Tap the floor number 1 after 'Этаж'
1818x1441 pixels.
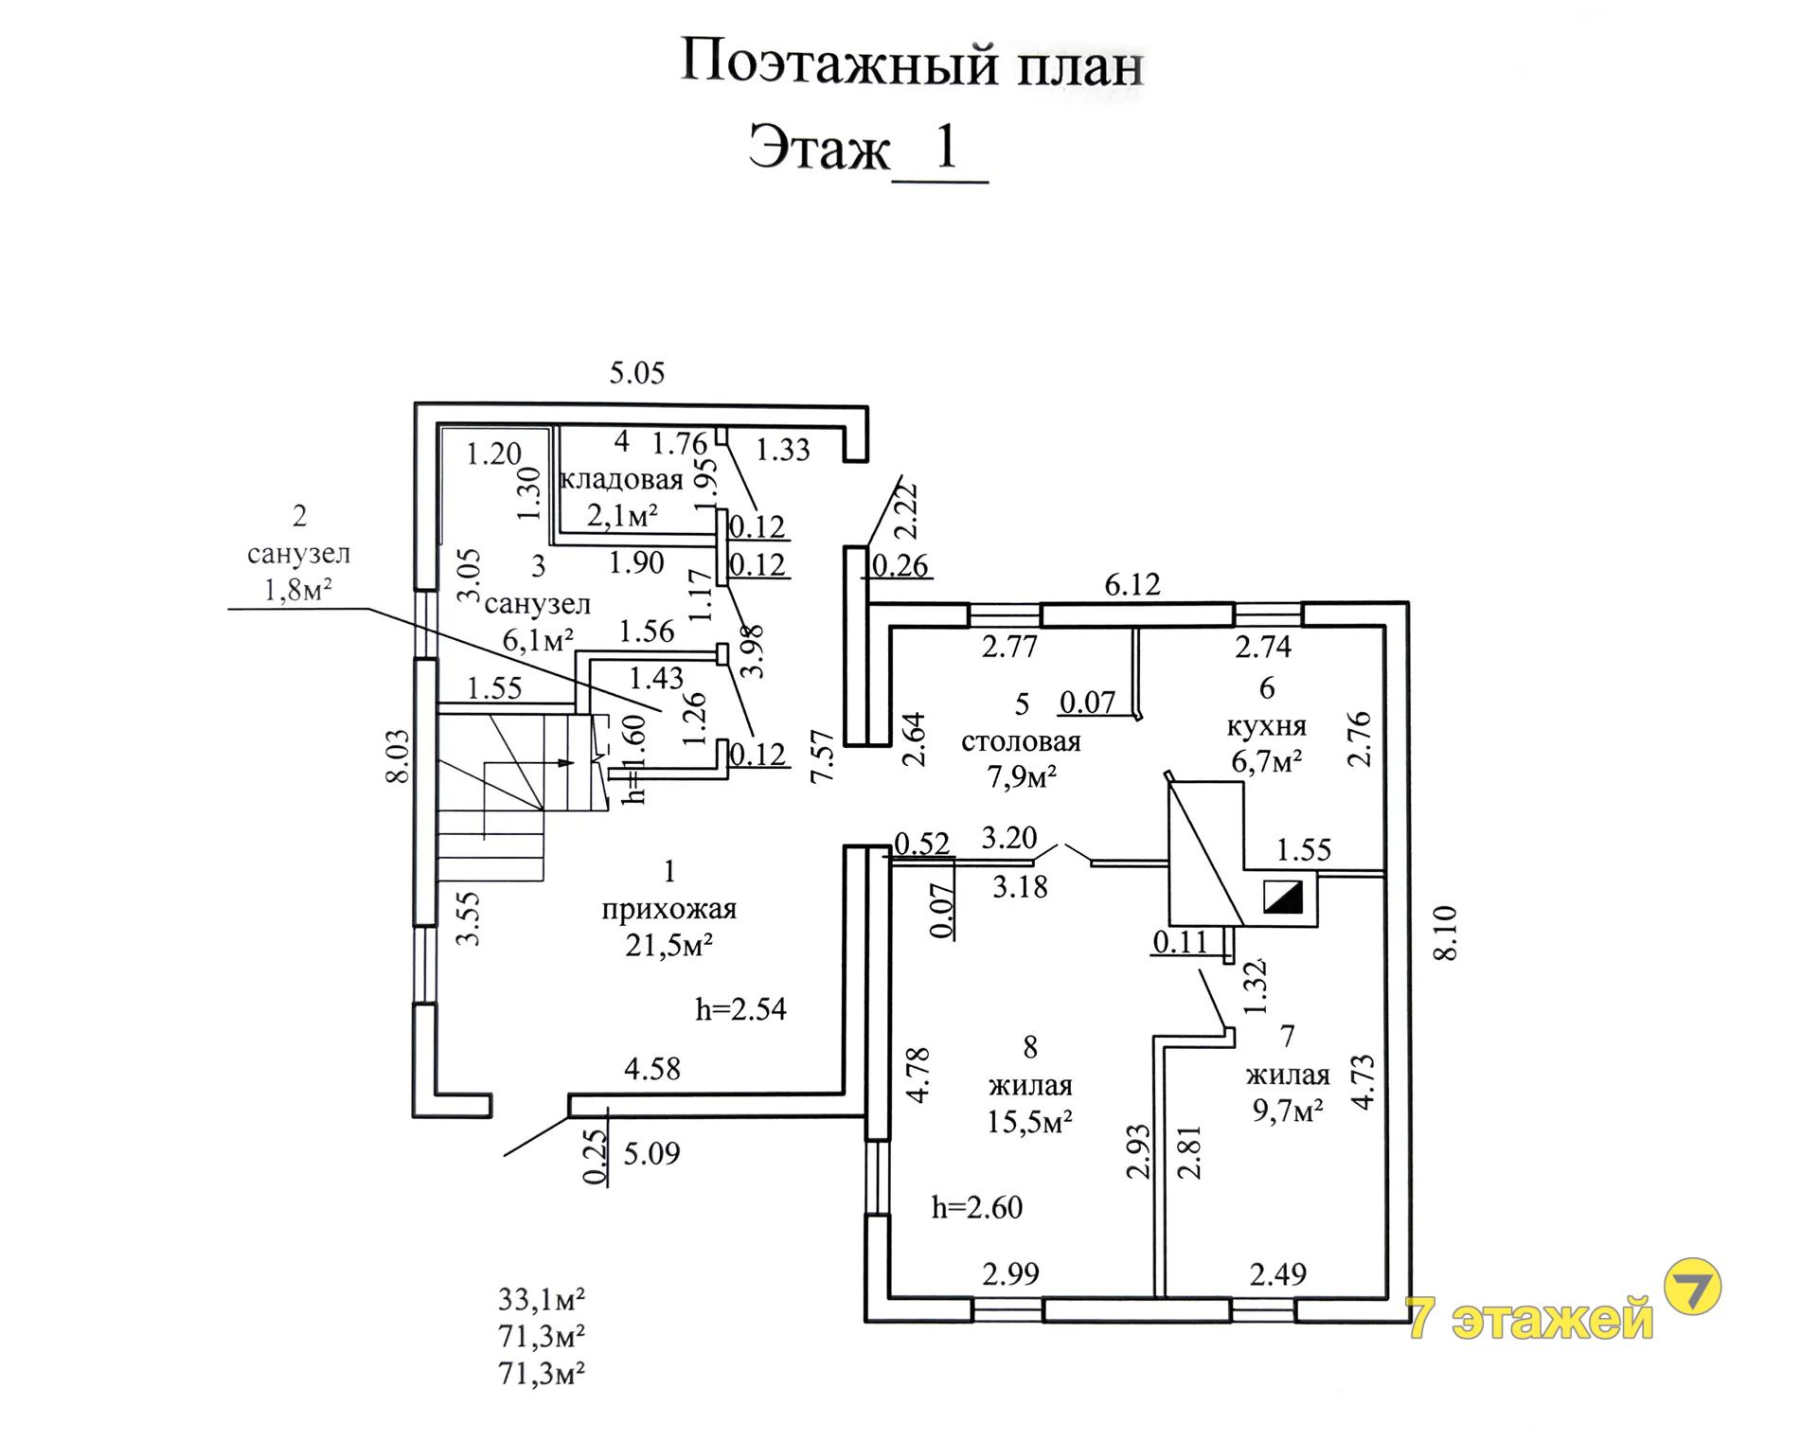pyautogui.click(x=946, y=147)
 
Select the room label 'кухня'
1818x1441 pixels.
pyautogui.click(x=1267, y=726)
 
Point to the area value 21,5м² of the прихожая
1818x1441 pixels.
pyautogui.click(x=668, y=945)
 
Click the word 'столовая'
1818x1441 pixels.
pyautogui.click(x=1021, y=741)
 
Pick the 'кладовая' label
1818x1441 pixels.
pyautogui.click(x=621, y=479)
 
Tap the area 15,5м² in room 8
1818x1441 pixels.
pyautogui.click(x=1029, y=1122)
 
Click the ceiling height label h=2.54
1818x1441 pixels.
pyautogui.click(x=741, y=1009)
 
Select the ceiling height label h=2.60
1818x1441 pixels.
pyautogui.click(x=977, y=1208)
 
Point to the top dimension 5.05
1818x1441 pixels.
pyautogui.click(x=637, y=373)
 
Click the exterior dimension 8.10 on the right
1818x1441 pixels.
pyautogui.click(x=1445, y=934)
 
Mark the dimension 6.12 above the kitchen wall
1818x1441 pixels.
pyautogui.click(x=1132, y=584)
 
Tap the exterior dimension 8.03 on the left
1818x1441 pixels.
pyautogui.click(x=398, y=756)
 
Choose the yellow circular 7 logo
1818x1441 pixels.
pyautogui.click(x=1693, y=1286)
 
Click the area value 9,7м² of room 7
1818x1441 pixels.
pyautogui.click(x=1288, y=1111)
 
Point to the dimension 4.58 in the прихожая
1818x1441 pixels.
pyautogui.click(x=652, y=1069)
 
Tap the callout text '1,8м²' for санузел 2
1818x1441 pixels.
pyautogui.click(x=298, y=591)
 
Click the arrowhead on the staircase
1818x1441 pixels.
pyautogui.click(x=567, y=762)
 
